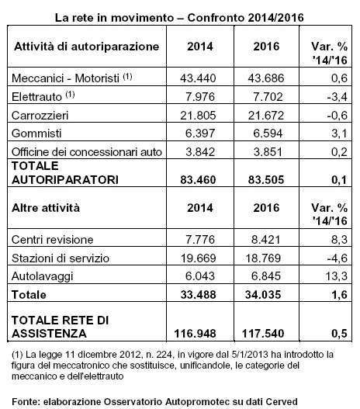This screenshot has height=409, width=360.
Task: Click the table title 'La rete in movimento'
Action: point(114,18)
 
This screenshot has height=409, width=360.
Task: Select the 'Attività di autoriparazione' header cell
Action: point(87,47)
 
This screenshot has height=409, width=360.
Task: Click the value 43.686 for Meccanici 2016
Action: point(266,78)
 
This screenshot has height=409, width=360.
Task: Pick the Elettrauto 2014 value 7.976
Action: point(200,97)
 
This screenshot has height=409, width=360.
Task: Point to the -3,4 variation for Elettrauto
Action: point(337,97)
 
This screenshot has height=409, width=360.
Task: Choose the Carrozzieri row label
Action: point(40,116)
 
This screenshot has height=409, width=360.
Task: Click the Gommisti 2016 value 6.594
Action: point(268,133)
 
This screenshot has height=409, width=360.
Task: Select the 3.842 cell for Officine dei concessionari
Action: point(200,152)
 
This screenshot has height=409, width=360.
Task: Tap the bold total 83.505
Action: point(266,180)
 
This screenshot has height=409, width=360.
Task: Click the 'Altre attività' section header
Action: point(46,208)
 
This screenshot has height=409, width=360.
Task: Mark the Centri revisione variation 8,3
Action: point(339,240)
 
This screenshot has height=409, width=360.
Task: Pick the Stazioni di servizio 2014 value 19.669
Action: point(199,258)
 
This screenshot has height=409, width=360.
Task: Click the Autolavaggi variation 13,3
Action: point(337,276)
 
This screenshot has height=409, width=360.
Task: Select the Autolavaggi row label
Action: point(42,276)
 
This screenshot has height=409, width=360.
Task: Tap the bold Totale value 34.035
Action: point(263,294)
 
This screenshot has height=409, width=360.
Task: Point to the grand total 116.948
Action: point(195,334)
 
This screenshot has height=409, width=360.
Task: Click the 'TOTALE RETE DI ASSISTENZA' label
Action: point(61,327)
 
